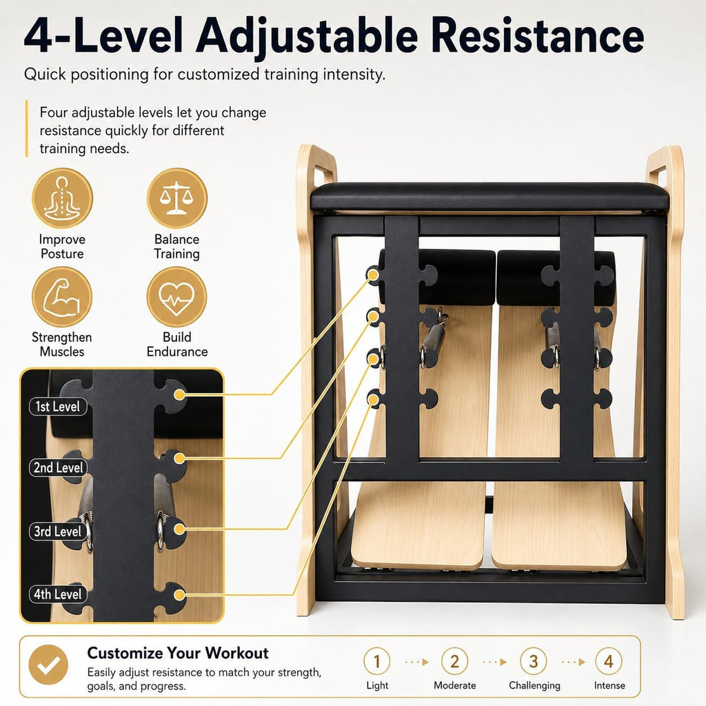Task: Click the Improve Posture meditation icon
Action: click(x=62, y=198)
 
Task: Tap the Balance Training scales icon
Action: click(x=177, y=198)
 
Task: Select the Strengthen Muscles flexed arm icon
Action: click(x=62, y=296)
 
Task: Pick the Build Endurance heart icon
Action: click(x=177, y=296)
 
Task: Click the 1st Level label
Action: click(x=58, y=407)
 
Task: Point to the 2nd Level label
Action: click(x=58, y=468)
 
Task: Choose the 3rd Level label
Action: click(x=58, y=532)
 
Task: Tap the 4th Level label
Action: click(x=58, y=594)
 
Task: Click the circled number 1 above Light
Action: click(x=377, y=661)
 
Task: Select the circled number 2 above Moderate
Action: click(x=455, y=661)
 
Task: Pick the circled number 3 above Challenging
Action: click(x=534, y=661)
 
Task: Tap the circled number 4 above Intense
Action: click(x=609, y=661)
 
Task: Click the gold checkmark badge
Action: click(x=49, y=665)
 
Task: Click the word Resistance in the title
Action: click(x=538, y=36)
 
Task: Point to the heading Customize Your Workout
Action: click(x=178, y=653)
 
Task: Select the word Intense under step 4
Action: click(x=609, y=685)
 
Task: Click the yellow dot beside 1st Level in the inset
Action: click(x=179, y=395)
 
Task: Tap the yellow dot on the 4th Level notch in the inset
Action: click(x=179, y=595)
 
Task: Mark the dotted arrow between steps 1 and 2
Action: click(x=416, y=662)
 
